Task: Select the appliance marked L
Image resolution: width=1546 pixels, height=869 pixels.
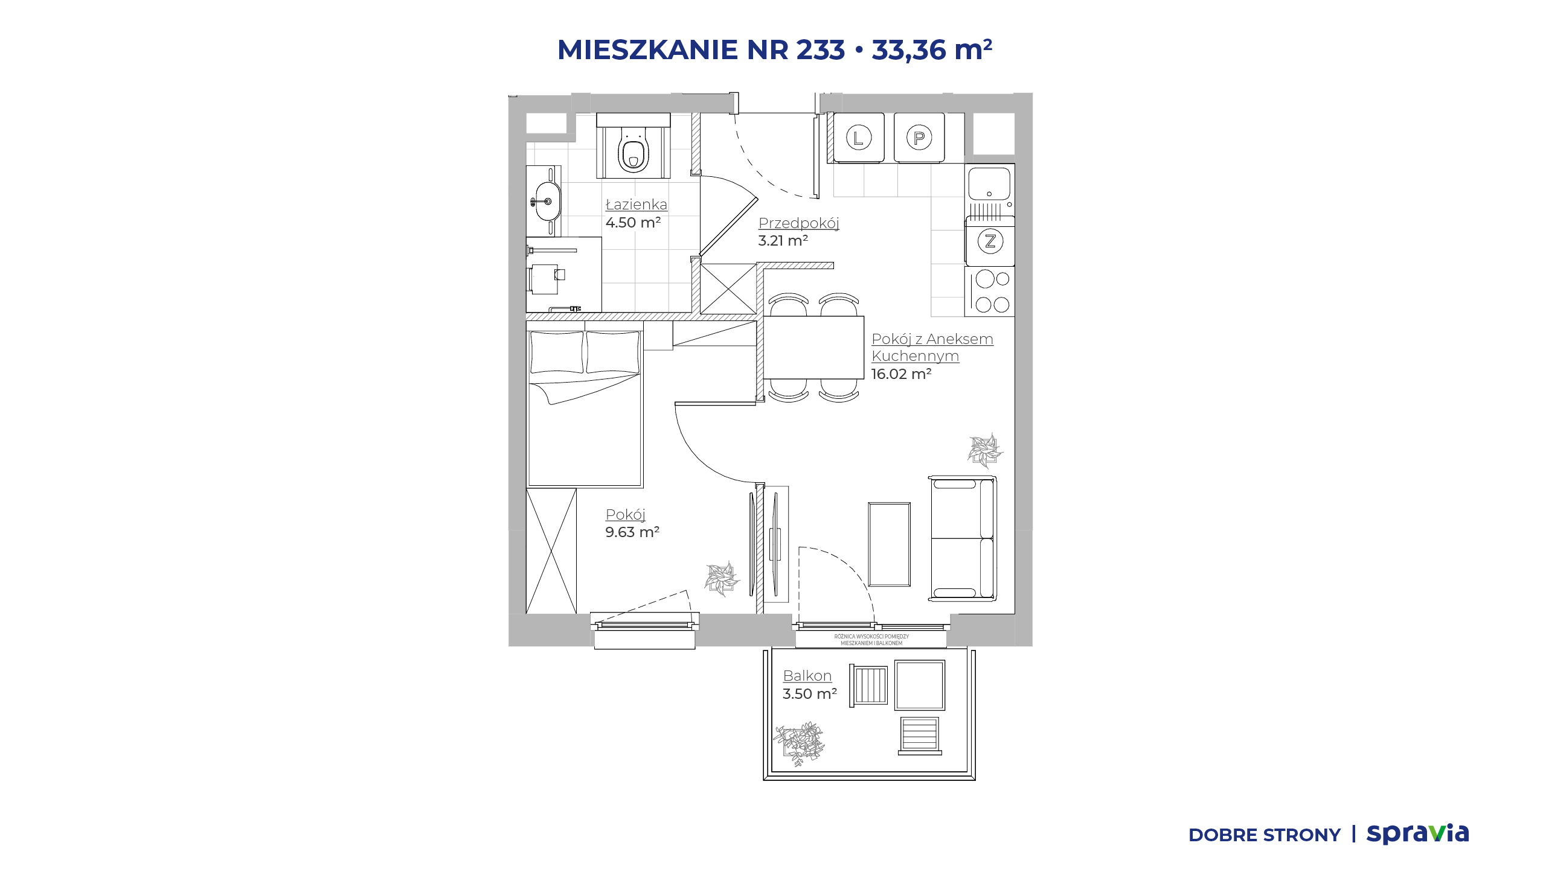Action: pyautogui.click(x=859, y=138)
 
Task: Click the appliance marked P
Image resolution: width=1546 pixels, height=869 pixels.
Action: pyautogui.click(x=919, y=138)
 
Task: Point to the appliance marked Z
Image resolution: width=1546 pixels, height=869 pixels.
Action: pyautogui.click(x=990, y=241)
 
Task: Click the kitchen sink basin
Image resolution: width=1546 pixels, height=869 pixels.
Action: pyautogui.click(x=989, y=184)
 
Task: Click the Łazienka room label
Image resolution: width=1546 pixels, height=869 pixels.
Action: pyautogui.click(x=637, y=205)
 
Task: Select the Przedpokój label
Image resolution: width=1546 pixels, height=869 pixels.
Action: pyautogui.click(x=799, y=223)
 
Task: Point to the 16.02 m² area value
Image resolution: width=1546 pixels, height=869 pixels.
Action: pyautogui.click(x=901, y=374)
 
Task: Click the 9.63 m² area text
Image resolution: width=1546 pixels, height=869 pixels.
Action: pyautogui.click(x=632, y=532)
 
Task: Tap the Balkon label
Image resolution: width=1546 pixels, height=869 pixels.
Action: pyautogui.click(x=807, y=676)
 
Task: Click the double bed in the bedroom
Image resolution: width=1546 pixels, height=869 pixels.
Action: pyautogui.click(x=585, y=404)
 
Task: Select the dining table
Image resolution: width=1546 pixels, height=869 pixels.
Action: pyautogui.click(x=813, y=348)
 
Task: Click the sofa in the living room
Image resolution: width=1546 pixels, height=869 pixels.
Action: pyautogui.click(x=963, y=538)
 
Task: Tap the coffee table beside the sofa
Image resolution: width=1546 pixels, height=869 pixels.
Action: pyautogui.click(x=889, y=544)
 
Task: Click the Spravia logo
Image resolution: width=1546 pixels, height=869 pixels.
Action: pyautogui.click(x=1417, y=833)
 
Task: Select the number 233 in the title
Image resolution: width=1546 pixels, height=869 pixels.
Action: pyautogui.click(x=820, y=49)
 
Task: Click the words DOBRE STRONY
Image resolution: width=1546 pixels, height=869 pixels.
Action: pyautogui.click(x=1265, y=835)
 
